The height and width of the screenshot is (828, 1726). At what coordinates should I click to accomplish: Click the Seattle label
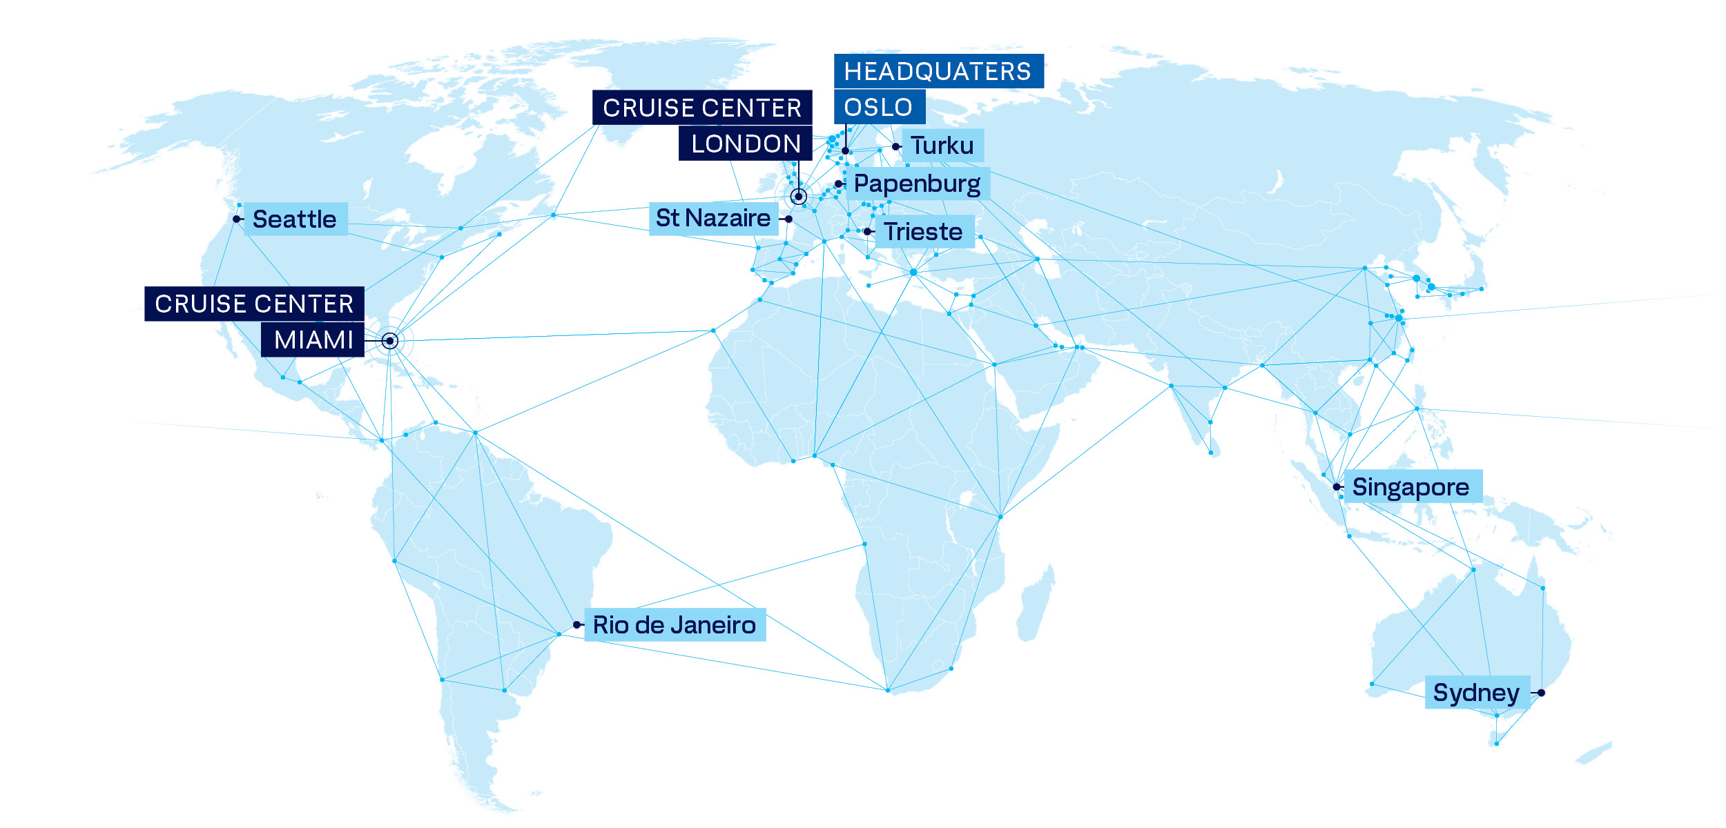tap(295, 219)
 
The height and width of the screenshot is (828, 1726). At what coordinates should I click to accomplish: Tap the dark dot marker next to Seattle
tap(237, 219)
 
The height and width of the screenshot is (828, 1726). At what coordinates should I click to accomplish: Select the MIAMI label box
tap(313, 340)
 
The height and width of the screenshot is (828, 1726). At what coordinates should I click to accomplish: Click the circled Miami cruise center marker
tap(390, 341)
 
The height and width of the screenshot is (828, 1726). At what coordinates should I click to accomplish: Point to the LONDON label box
tap(745, 144)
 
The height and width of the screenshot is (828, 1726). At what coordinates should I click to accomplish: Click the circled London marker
tap(799, 197)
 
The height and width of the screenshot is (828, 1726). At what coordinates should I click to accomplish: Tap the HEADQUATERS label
tap(938, 71)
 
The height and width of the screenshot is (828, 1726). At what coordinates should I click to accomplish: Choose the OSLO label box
tap(878, 107)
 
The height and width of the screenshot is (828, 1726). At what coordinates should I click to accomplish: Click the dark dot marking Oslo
tap(845, 150)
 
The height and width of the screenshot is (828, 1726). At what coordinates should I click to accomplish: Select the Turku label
tap(942, 146)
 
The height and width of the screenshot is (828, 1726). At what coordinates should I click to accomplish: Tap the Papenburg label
tap(917, 184)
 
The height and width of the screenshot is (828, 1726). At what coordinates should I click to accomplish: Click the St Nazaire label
tap(713, 219)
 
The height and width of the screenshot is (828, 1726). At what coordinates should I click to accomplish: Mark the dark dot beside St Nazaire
tap(788, 219)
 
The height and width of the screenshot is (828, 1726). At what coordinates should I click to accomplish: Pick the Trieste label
tap(924, 232)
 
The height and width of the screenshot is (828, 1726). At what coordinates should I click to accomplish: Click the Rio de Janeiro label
tap(675, 625)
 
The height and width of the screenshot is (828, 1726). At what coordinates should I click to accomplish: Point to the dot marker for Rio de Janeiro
tap(577, 625)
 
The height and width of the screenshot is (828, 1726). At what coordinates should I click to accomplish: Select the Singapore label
tap(1410, 487)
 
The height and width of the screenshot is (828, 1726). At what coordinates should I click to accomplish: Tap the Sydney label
tap(1476, 693)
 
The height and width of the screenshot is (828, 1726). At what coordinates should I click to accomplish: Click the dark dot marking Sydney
tap(1541, 693)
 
